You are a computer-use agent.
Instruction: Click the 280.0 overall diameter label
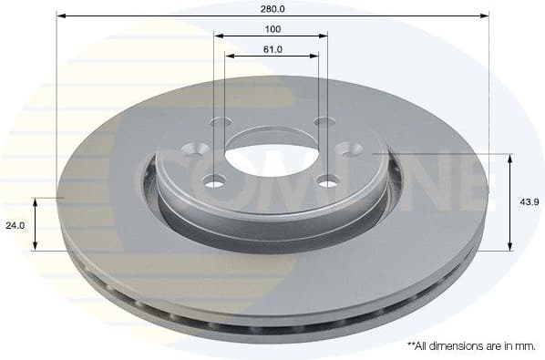coord(272,8)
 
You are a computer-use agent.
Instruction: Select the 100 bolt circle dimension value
coord(272,29)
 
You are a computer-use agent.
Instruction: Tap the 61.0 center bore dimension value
coord(272,49)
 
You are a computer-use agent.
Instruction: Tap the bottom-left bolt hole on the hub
coord(214,181)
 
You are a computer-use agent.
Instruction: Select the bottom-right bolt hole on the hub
coord(326,181)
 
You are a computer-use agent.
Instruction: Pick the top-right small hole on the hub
coord(321,122)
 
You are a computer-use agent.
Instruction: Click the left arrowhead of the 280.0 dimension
coord(60,15)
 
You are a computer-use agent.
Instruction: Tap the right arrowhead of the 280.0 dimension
coord(485,15)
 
